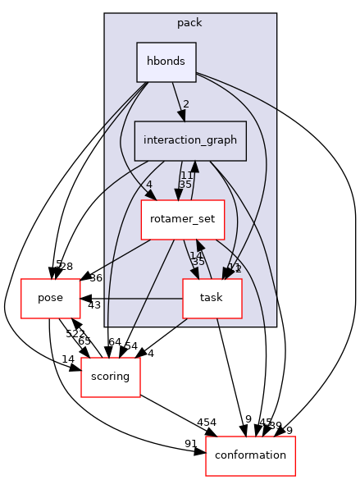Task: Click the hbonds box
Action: [166, 62]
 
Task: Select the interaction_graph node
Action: [190, 140]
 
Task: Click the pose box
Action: [50, 298]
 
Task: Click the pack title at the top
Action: [189, 22]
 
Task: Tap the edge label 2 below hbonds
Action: [187, 104]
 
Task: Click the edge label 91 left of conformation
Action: [191, 444]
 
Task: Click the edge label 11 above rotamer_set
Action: [186, 175]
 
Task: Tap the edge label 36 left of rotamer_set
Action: [96, 278]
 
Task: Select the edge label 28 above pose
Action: [66, 267]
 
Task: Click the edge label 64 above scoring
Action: [114, 342]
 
